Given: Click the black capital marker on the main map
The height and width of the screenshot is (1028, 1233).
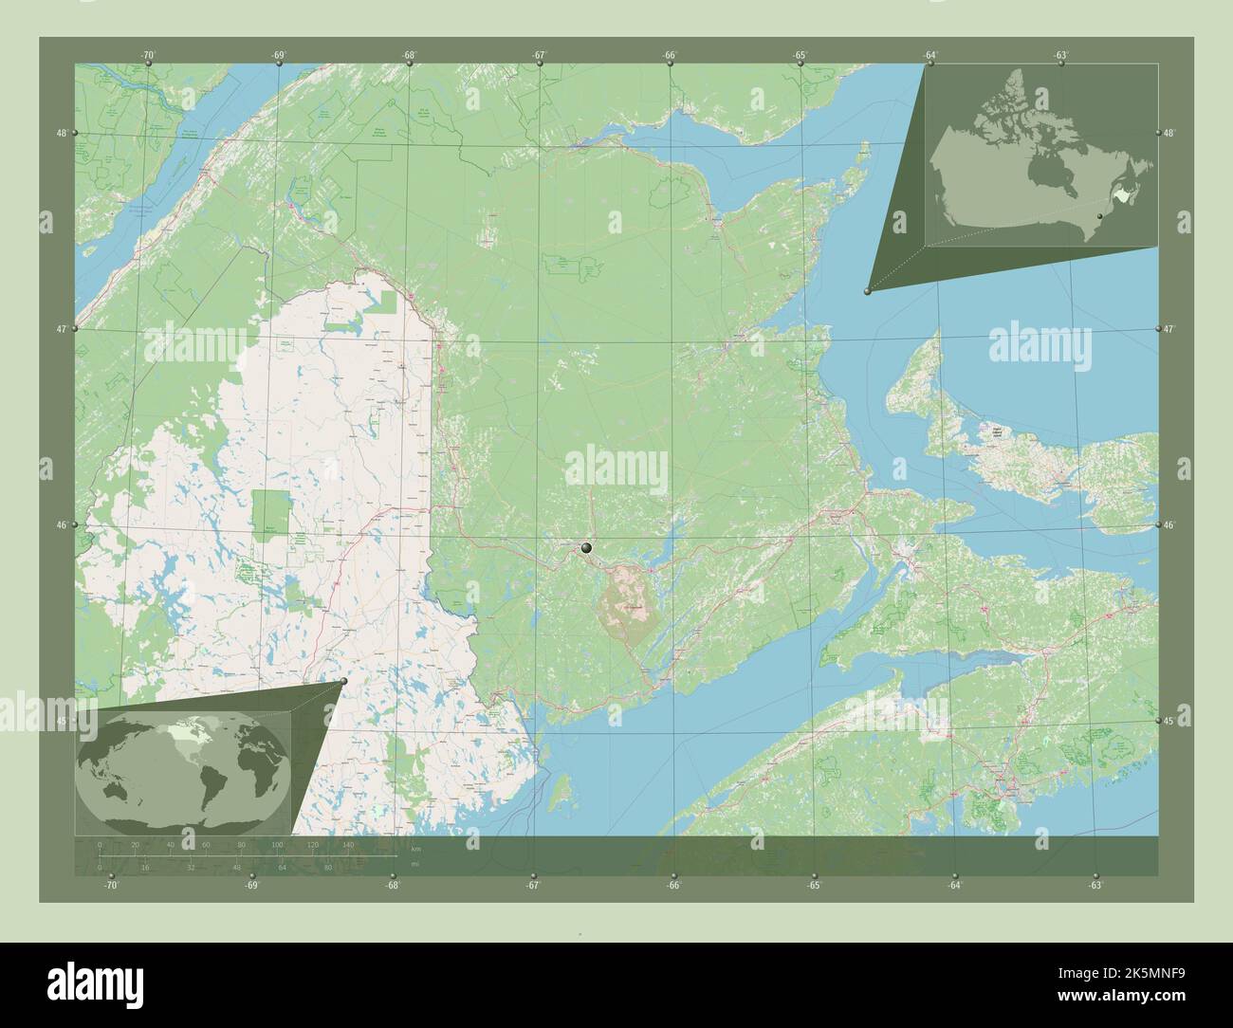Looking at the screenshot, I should point(587,547).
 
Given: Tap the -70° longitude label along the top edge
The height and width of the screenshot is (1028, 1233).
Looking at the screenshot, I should point(147,56).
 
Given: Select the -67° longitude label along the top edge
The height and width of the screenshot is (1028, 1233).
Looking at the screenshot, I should point(539,56).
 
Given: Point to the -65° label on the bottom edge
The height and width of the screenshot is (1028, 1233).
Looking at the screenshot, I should point(814,885).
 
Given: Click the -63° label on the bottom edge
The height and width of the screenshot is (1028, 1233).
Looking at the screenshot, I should point(1095,885).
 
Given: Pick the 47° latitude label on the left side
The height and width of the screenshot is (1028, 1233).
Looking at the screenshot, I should point(61,329).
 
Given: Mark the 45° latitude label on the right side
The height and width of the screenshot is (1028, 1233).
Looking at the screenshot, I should point(1169,721).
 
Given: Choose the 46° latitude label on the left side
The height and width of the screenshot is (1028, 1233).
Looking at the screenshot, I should point(61,525).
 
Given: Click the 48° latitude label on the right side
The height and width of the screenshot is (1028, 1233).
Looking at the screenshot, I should point(1169,133).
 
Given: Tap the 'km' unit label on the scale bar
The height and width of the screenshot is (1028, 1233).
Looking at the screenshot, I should point(415,847).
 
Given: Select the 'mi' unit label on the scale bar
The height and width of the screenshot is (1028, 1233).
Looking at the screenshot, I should point(414,864).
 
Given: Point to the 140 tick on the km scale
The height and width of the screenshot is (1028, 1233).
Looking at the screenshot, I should point(348,844).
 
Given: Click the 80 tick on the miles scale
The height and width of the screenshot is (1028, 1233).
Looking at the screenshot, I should point(327,867).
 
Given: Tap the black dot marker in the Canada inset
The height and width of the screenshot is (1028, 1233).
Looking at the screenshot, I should point(1099,217).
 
